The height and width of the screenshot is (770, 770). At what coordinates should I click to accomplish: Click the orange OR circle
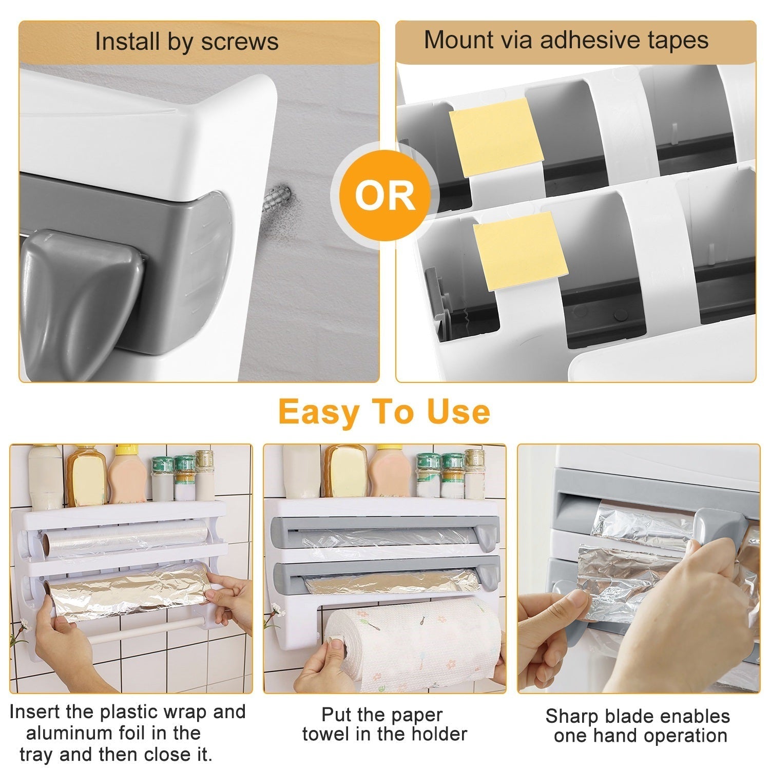(385, 195)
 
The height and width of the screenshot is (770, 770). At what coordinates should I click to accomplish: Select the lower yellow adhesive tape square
(521, 251)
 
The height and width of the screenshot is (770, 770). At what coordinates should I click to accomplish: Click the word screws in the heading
(240, 42)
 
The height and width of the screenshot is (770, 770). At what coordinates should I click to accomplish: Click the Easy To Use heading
(384, 412)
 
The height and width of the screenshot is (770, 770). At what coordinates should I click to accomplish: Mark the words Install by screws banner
(187, 42)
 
